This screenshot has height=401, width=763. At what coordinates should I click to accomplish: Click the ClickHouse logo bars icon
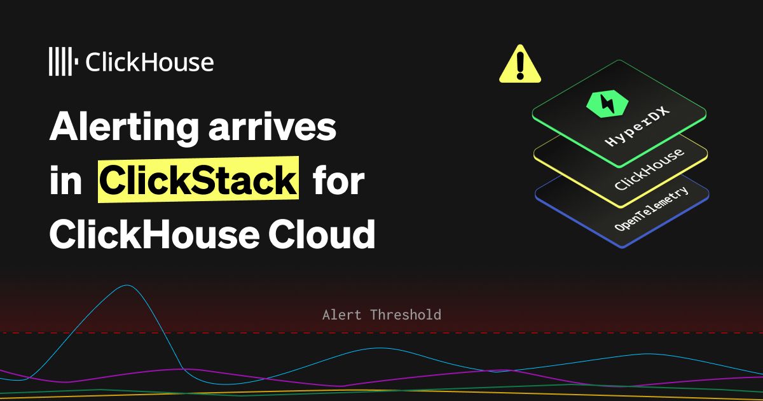64,61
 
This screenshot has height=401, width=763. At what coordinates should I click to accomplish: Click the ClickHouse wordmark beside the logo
149,62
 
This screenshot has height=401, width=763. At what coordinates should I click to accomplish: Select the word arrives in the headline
272,127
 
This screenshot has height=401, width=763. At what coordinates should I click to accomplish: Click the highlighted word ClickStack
198,179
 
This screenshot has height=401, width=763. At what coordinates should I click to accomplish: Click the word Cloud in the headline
322,234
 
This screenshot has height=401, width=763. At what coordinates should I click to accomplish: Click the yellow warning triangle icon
520,64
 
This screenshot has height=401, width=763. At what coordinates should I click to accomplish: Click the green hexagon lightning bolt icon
607,104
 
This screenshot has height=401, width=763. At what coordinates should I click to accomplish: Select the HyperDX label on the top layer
636,126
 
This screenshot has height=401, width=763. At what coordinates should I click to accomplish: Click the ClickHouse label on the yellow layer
649,169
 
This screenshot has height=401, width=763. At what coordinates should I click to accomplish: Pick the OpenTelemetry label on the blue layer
652,209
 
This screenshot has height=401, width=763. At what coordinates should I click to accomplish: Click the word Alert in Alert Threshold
341,314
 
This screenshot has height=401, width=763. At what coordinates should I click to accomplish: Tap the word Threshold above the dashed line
406,314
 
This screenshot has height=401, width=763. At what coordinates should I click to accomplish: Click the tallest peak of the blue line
127,285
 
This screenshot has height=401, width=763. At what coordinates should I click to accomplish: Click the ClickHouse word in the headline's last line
155,234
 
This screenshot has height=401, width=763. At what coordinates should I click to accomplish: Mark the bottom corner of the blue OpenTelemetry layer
622,248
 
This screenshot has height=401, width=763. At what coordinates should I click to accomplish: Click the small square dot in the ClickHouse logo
76,61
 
